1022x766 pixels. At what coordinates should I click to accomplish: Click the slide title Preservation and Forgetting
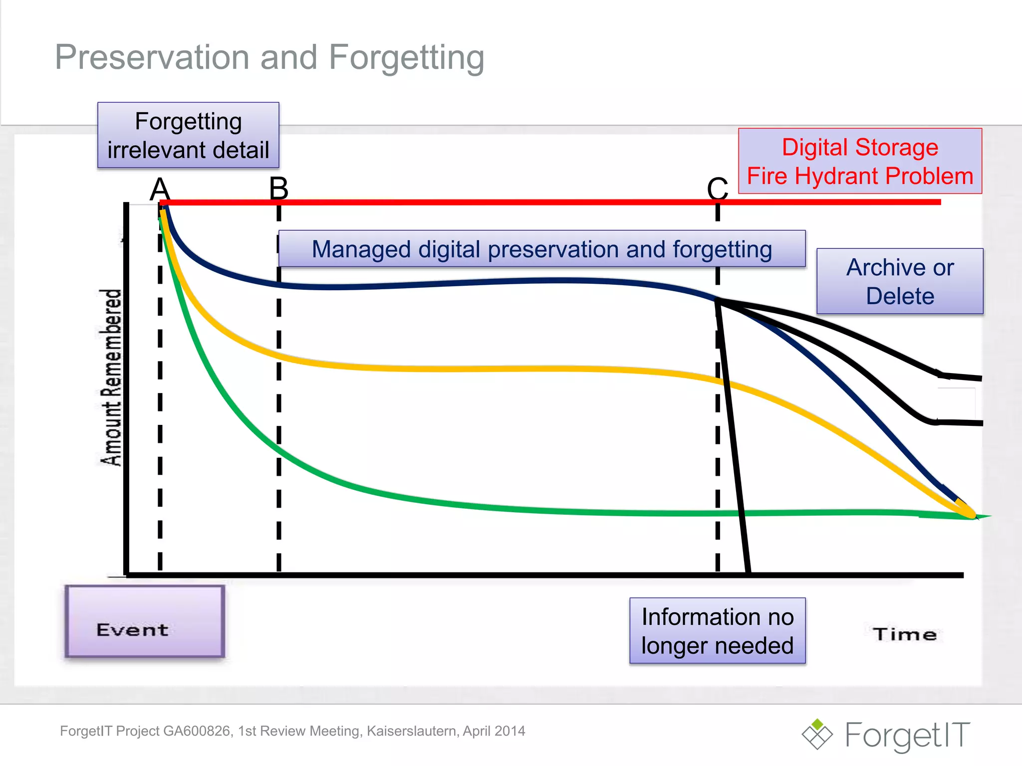pyautogui.click(x=269, y=57)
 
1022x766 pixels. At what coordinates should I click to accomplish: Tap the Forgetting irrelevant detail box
pyautogui.click(x=188, y=135)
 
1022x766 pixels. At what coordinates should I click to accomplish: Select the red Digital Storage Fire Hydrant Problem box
pyautogui.click(x=860, y=161)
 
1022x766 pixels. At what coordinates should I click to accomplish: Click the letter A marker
pyautogui.click(x=160, y=190)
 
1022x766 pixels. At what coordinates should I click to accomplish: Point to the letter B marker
pyautogui.click(x=278, y=189)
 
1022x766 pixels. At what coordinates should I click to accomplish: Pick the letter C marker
pyautogui.click(x=717, y=190)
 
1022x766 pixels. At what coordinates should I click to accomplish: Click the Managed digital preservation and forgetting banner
pyautogui.click(x=541, y=249)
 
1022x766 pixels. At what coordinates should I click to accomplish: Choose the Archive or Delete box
pyautogui.click(x=900, y=281)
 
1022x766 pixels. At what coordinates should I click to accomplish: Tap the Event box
pyautogui.click(x=145, y=621)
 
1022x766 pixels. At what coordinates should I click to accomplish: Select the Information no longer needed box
pyautogui.click(x=717, y=631)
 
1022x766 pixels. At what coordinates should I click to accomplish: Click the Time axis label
pyautogui.click(x=905, y=634)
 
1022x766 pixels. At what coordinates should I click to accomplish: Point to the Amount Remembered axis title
pyautogui.click(x=111, y=378)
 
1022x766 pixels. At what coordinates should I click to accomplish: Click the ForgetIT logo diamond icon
pyautogui.click(x=817, y=734)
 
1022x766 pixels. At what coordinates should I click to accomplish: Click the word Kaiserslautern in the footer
pyautogui.click(x=412, y=731)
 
